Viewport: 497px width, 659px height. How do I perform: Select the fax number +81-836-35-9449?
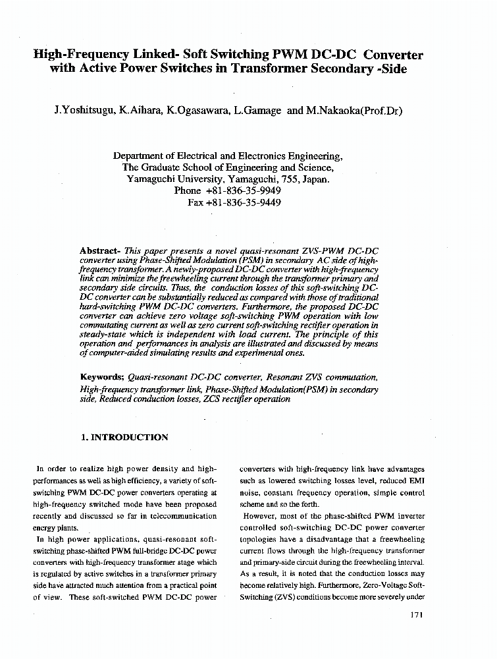244,202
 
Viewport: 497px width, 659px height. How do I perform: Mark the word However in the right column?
257,516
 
